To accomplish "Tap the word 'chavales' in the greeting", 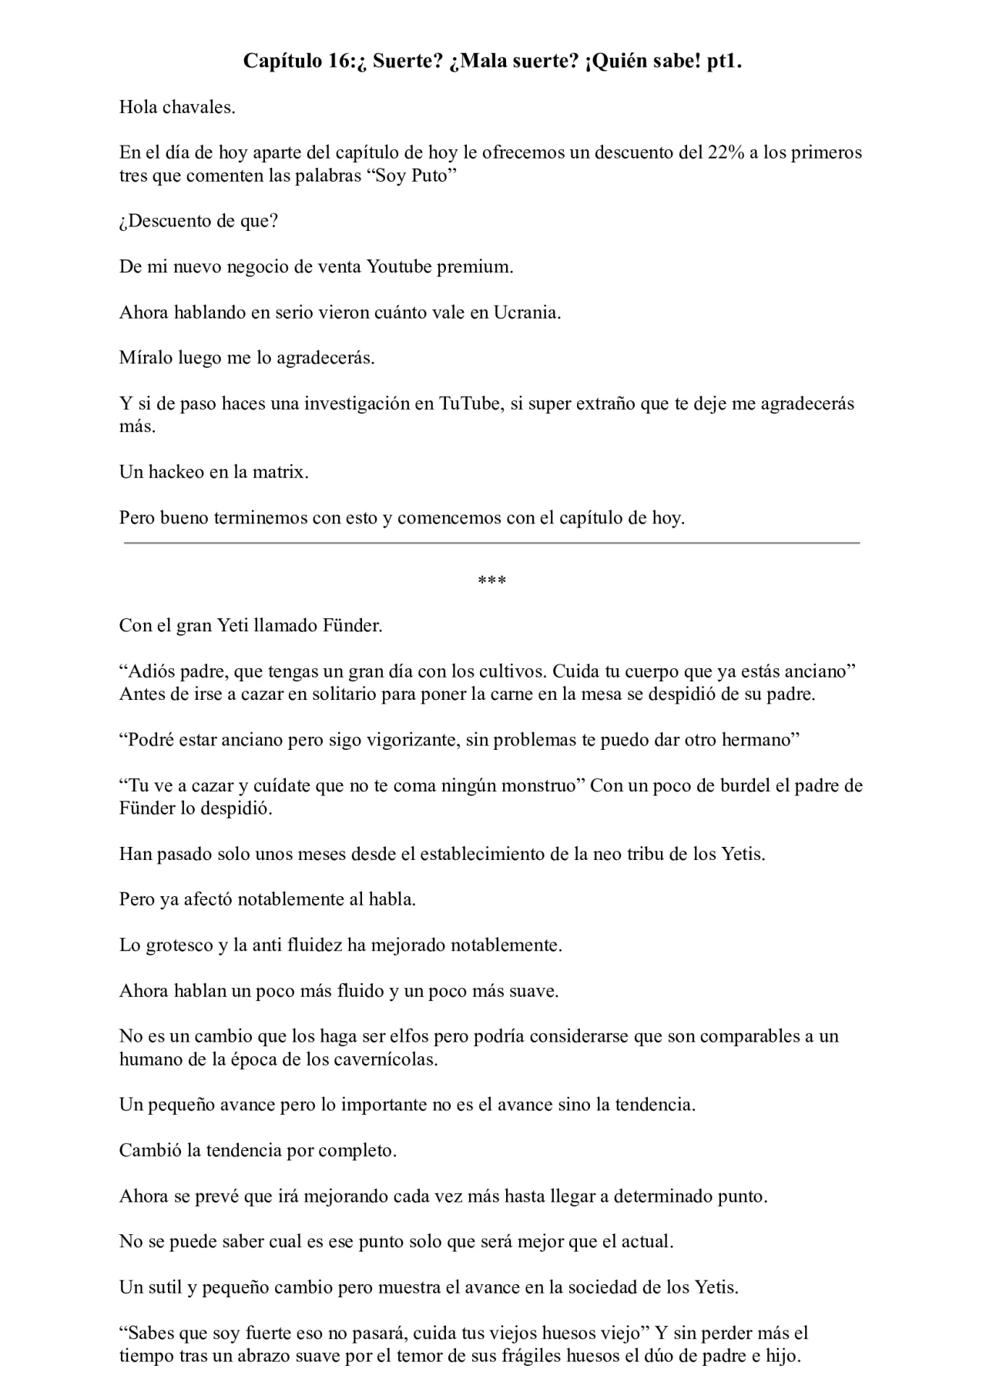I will (198, 107).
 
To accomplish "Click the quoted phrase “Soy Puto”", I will (415, 176).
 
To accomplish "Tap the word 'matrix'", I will (280, 472).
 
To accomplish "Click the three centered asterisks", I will (492, 580).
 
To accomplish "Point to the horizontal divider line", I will (492, 544).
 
